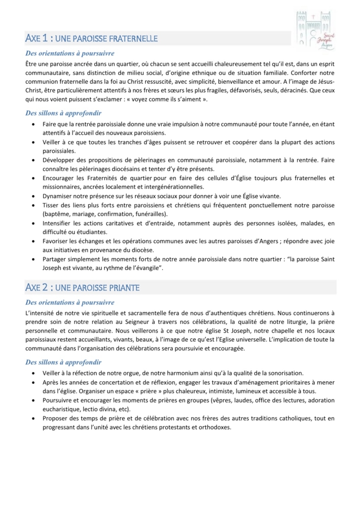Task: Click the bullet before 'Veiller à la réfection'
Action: click(x=33, y=373)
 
